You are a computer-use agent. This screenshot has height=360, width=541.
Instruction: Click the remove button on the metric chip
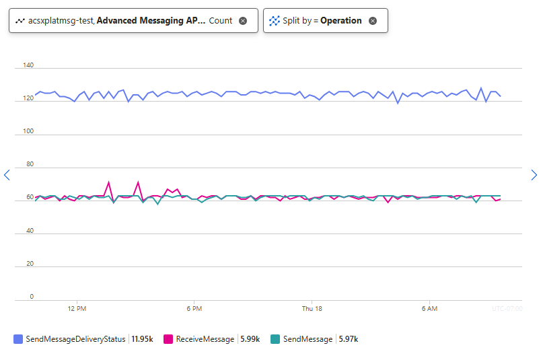[243, 21]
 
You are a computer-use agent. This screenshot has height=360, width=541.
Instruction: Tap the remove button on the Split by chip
[373, 21]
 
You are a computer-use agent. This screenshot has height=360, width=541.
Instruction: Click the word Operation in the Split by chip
[340, 21]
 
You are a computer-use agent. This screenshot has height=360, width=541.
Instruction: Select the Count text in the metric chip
[220, 21]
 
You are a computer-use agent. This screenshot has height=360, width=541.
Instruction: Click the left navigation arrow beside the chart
[7, 175]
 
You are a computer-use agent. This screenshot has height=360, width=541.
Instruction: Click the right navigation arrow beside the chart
[534, 175]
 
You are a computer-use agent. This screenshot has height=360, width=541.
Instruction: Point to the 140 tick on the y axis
[28, 65]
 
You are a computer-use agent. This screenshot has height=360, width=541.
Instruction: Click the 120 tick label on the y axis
[28, 98]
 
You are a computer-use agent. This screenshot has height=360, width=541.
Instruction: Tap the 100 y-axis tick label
[28, 131]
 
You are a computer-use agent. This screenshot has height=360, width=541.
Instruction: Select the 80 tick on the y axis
[30, 164]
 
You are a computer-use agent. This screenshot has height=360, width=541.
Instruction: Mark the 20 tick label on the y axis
[30, 263]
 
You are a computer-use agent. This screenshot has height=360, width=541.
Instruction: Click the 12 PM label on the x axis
[77, 308]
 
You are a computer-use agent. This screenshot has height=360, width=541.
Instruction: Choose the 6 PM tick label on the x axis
[194, 308]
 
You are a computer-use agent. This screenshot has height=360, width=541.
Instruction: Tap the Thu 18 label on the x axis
[312, 308]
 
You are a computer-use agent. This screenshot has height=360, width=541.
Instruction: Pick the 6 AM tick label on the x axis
[429, 308]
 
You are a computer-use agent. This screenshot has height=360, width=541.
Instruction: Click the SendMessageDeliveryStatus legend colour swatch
[18, 339]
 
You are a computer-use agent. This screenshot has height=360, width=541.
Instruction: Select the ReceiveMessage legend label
[205, 339]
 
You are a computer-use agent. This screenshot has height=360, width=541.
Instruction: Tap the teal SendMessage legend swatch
[275, 339]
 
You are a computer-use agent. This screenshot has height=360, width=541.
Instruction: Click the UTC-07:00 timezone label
[507, 308]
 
